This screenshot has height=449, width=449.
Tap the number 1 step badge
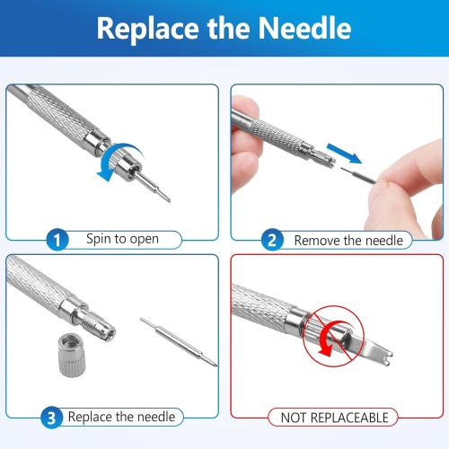56,240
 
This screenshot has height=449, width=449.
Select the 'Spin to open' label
122,240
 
